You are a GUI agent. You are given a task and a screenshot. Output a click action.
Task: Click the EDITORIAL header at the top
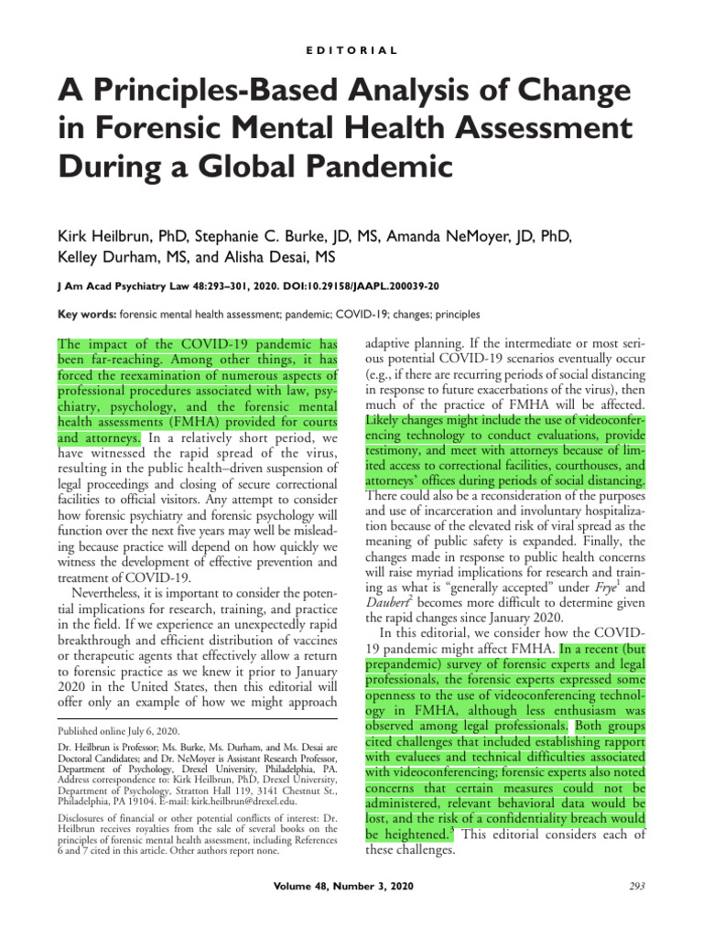coord(351,50)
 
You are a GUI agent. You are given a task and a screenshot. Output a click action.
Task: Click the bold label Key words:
coord(87,315)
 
